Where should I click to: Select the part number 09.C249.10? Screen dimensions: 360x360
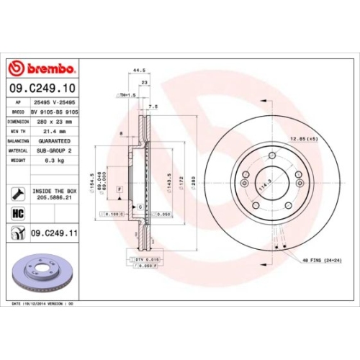44,89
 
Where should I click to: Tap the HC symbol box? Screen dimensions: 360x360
16,214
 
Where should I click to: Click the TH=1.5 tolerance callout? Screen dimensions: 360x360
127,95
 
